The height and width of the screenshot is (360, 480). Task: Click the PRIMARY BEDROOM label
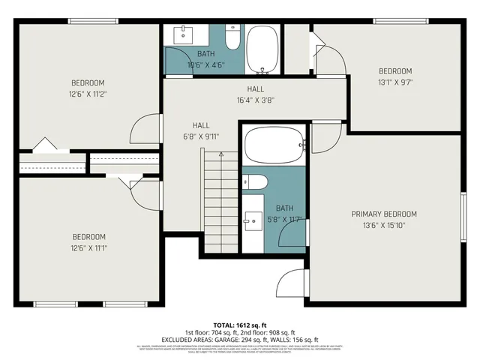point(384,214)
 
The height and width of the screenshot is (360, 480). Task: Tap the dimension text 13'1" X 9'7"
point(395,82)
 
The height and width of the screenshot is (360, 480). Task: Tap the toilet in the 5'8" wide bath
point(255,182)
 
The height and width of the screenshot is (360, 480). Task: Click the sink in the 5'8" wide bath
point(253,220)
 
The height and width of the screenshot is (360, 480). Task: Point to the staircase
point(220,202)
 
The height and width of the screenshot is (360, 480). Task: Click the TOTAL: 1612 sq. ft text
point(240,324)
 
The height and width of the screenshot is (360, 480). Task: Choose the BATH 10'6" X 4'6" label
point(205,59)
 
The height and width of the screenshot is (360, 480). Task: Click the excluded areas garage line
point(240,340)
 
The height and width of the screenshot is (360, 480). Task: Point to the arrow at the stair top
point(220,154)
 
